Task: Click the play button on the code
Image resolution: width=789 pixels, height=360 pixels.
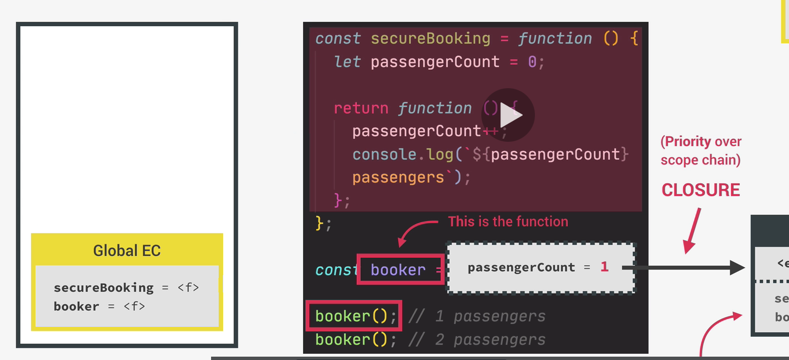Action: tap(508, 115)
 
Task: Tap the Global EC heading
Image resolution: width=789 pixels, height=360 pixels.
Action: tap(127, 251)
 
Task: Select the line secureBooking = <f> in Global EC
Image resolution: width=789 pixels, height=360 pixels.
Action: tap(126, 287)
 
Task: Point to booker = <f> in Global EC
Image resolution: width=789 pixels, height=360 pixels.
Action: tap(99, 306)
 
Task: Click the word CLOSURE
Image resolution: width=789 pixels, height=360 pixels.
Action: tap(701, 190)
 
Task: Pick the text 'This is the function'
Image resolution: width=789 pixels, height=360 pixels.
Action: tap(508, 222)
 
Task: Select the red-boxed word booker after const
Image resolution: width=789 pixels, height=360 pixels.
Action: tap(398, 270)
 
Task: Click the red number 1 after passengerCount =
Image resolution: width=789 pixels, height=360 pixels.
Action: tap(604, 267)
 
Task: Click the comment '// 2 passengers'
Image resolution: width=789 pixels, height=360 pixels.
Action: tap(477, 339)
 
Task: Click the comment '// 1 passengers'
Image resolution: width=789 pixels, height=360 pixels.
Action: tap(477, 316)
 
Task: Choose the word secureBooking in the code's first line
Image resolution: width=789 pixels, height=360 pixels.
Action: tap(430, 39)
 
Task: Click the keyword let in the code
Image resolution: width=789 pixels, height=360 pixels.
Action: tap(347, 61)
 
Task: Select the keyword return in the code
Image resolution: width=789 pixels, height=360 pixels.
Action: tap(361, 108)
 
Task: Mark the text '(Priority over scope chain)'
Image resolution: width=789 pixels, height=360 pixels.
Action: tap(701, 151)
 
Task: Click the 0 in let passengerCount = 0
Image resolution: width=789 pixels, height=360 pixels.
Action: tap(532, 61)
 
